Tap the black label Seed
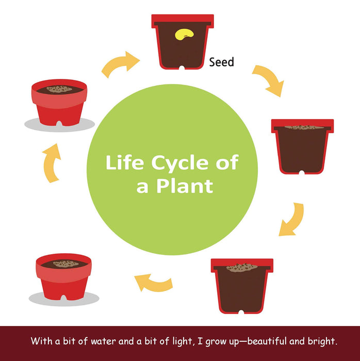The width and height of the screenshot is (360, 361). (222, 62)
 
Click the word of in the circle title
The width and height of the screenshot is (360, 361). (227, 163)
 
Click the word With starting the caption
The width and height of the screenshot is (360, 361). (41, 341)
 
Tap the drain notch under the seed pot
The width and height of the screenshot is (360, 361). (182, 68)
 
